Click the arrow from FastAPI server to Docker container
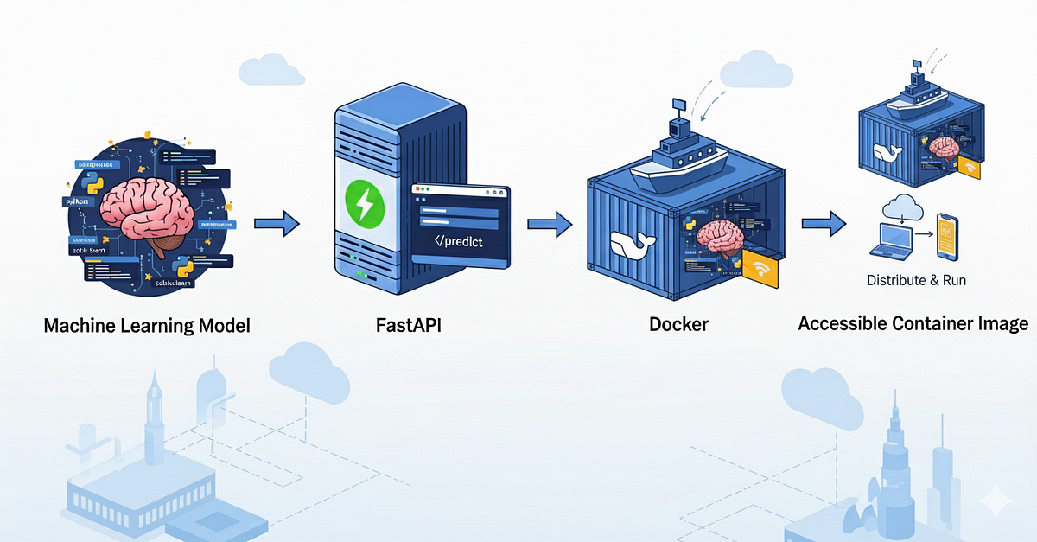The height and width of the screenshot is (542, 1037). pos(550,225)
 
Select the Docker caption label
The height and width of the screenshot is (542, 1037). pos(678,325)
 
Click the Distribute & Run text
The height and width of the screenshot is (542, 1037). pos(916,280)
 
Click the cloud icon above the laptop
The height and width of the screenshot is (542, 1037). pos(900,208)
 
